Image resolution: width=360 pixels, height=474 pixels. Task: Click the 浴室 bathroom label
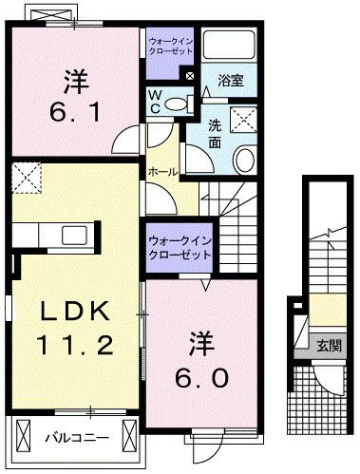coord(231,81)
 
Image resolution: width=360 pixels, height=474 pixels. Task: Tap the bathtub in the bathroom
coord(229,44)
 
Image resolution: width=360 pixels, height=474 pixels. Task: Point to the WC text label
coord(155,102)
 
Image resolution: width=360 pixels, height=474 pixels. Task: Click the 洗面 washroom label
coord(215,134)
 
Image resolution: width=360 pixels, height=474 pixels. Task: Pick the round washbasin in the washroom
coord(244,160)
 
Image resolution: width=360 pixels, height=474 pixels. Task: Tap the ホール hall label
coord(162,172)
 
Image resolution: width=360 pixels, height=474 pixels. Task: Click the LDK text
coord(75,311)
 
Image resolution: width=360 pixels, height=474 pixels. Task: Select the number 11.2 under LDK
coord(75,345)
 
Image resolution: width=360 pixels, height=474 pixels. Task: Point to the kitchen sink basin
coord(74,236)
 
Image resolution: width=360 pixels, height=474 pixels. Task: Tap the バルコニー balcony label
coord(77,438)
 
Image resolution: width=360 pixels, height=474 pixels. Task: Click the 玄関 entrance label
coord(330,346)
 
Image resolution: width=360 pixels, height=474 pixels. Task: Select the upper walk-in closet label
coord(171,46)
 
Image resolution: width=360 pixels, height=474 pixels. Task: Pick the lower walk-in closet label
coord(180,248)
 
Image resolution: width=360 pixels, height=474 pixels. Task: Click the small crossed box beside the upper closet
coord(189,76)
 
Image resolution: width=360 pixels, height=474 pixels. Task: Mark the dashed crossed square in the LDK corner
coord(27,178)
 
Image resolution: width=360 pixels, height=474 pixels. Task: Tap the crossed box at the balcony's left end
coord(22,437)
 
